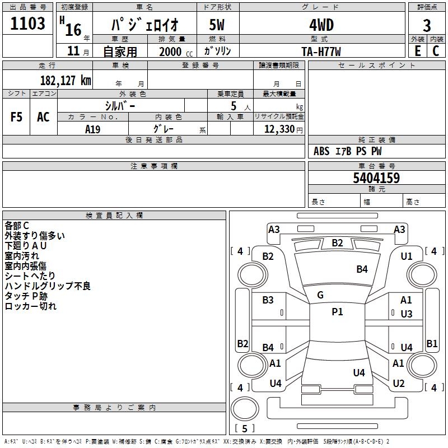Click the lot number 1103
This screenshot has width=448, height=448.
coord(28,24)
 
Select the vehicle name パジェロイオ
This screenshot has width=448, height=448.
coord(144,25)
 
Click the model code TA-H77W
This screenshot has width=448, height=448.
coord(321,51)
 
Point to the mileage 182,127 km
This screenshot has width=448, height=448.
coord(65,80)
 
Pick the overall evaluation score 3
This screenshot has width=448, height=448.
coord(427,25)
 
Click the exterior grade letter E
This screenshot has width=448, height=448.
coord(417,51)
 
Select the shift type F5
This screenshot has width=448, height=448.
coord(16,117)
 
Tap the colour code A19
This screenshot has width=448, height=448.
coord(93,129)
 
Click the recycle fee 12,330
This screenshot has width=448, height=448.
coord(279,129)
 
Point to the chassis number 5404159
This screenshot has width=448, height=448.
coord(376,179)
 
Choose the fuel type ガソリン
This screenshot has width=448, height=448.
coord(217,51)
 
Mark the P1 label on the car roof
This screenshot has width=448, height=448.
coord(337,312)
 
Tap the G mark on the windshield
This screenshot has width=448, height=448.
coord(320,295)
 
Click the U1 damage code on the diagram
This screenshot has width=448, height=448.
coord(407,256)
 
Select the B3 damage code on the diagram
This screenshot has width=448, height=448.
coord(268,300)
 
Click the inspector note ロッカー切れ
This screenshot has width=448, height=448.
coord(31,306)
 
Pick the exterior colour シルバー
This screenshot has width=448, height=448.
coord(120,105)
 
